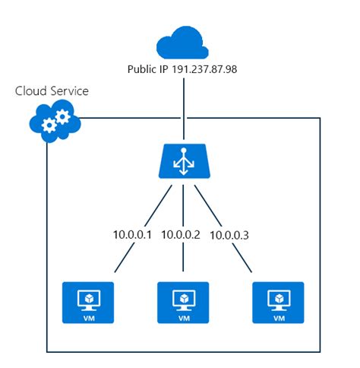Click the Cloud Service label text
(52, 91)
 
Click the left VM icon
(88, 303)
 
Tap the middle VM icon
(183, 303)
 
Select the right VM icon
(278, 303)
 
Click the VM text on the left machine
(88, 319)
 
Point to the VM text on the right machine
(278, 319)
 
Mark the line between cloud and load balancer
(183, 106)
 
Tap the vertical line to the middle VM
(183, 262)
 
